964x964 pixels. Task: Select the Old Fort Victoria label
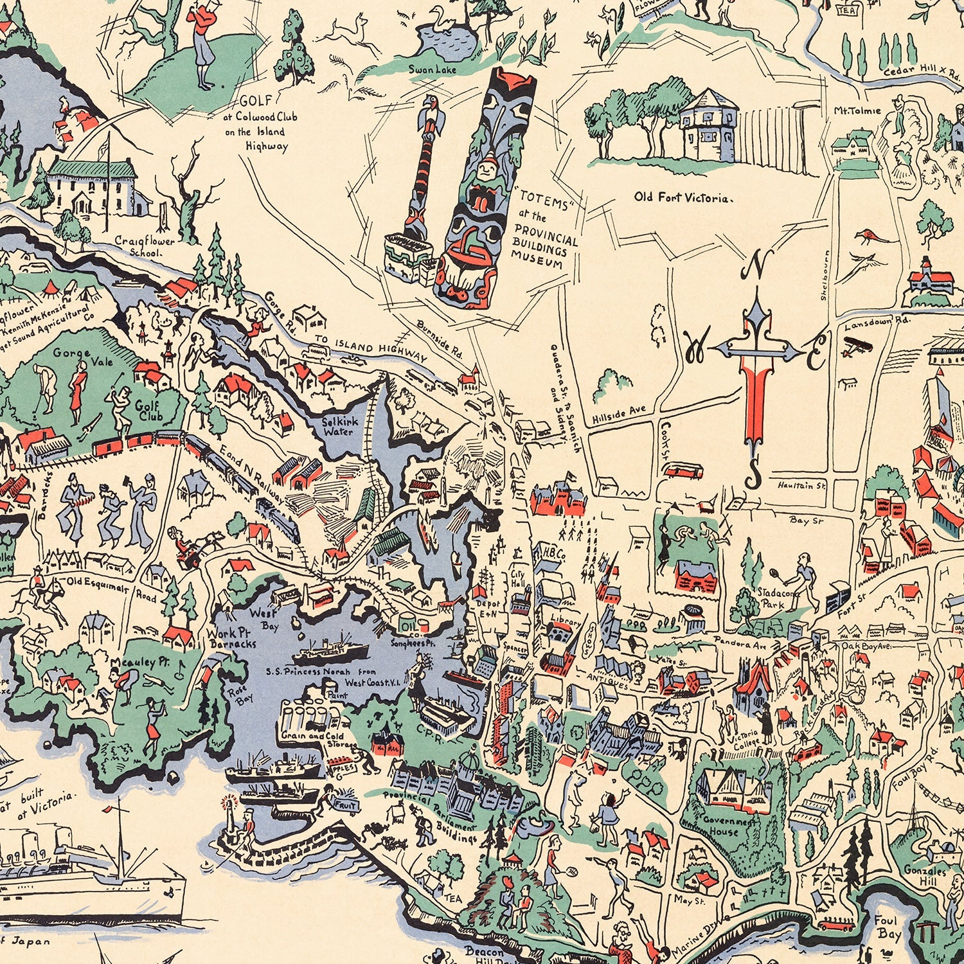point(681,198)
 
